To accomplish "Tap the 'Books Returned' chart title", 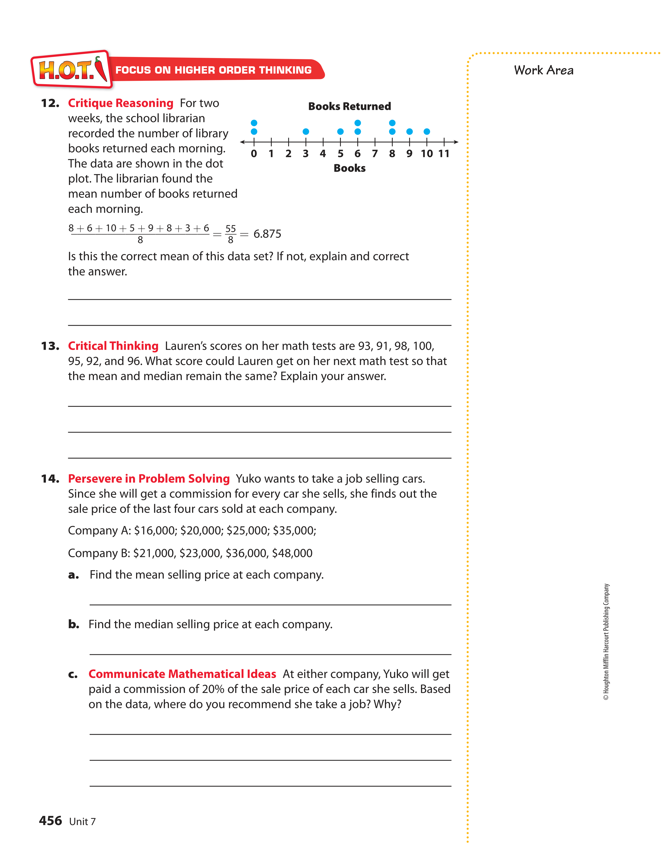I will (349, 106).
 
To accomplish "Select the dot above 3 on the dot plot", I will (306, 132).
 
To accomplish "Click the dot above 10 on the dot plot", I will (427, 132).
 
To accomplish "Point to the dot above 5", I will (340, 132).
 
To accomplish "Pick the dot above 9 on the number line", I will (409, 132).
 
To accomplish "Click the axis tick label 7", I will (375, 154).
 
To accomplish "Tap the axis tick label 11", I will (444, 154).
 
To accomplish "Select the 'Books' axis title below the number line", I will (349, 168).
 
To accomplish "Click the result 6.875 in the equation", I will (267, 234).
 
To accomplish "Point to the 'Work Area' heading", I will (544, 70).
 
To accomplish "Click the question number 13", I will (50, 346).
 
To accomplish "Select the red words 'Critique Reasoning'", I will (121, 103).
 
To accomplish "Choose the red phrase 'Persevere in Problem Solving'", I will (149, 479).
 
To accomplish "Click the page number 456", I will (50, 821).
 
